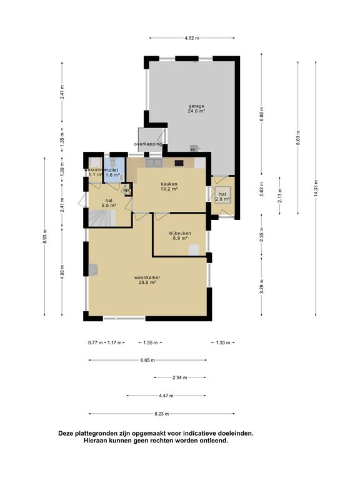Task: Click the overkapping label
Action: (148, 144)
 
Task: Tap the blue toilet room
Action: (114, 169)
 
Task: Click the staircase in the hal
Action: (102, 218)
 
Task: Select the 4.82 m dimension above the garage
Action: (192, 38)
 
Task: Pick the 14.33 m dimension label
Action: (316, 189)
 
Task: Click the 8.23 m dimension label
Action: (162, 414)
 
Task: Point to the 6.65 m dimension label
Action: (148, 360)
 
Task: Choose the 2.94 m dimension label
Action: (180, 377)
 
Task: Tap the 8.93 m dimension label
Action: (45, 236)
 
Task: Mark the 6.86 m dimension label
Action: (261, 114)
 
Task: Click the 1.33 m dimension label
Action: (223, 343)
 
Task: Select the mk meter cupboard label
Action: (127, 191)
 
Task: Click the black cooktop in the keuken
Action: (179, 163)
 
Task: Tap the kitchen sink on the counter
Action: (154, 163)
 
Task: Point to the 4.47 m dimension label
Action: (166, 396)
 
